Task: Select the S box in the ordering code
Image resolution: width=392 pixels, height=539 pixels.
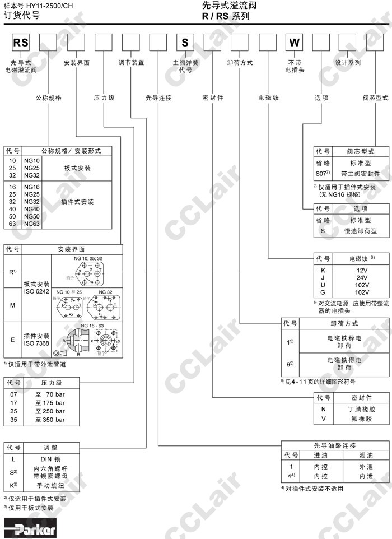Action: tap(185, 43)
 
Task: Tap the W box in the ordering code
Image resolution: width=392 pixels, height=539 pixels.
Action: tap(295, 43)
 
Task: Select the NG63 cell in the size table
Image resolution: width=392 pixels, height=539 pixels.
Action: tap(31, 224)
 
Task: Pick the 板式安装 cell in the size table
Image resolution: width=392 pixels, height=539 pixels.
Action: tap(76, 152)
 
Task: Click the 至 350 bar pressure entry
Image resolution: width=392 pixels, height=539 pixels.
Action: tap(50, 419)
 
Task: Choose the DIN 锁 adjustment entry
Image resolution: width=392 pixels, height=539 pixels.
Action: tap(54, 459)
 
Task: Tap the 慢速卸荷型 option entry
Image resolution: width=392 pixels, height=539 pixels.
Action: tap(360, 230)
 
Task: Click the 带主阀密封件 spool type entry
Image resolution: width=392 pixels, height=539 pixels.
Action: tap(360, 174)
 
